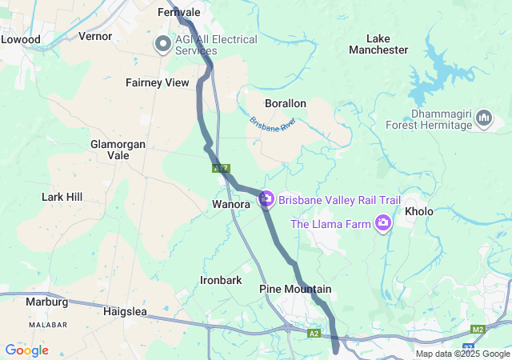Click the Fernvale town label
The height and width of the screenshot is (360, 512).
pos(178,13)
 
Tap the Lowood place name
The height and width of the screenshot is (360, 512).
pos(20,38)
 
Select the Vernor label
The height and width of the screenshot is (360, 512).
pos(95,36)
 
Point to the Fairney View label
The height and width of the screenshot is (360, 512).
pos(157,82)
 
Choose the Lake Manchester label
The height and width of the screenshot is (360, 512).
pos(378,44)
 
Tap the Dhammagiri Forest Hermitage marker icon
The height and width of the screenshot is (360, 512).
pos(483,119)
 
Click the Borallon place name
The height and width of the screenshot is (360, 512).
pos(286,103)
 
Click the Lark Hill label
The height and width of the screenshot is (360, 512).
pos(62,196)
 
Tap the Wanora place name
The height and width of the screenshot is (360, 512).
pos(231,205)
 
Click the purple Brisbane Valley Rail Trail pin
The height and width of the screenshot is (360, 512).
pos(266,198)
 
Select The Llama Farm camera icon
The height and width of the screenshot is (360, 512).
pos(384,223)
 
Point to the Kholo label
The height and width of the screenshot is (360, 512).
pos(418,212)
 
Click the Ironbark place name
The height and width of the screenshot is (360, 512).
pos(221,280)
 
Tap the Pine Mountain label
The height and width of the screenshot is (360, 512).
pos(295,289)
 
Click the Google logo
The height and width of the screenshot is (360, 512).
pos(26,350)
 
